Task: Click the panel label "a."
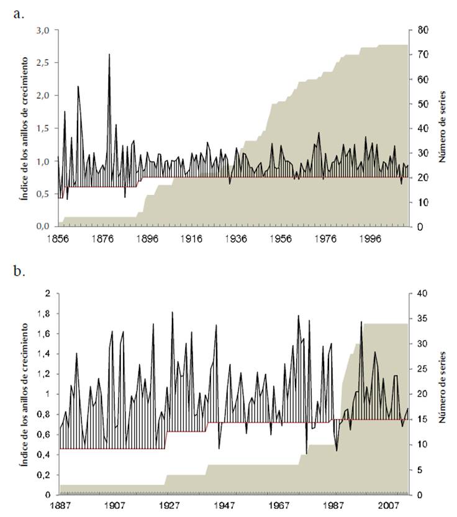tap(19, 14)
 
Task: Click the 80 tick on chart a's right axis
tap(422, 30)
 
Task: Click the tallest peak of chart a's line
tap(109, 55)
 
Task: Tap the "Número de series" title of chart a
tap(443, 128)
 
